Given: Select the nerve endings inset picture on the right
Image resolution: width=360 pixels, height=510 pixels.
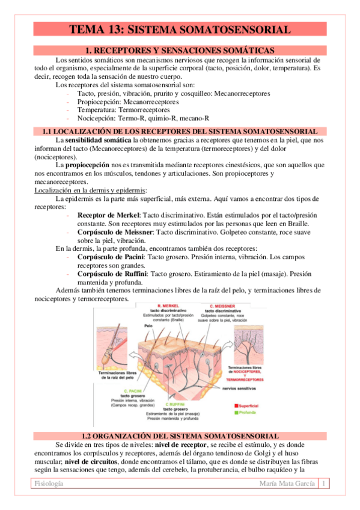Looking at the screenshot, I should pyautogui.click(x=244, y=342).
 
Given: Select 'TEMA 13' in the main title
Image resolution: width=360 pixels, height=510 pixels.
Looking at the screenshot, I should pyautogui.click(x=96, y=29).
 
